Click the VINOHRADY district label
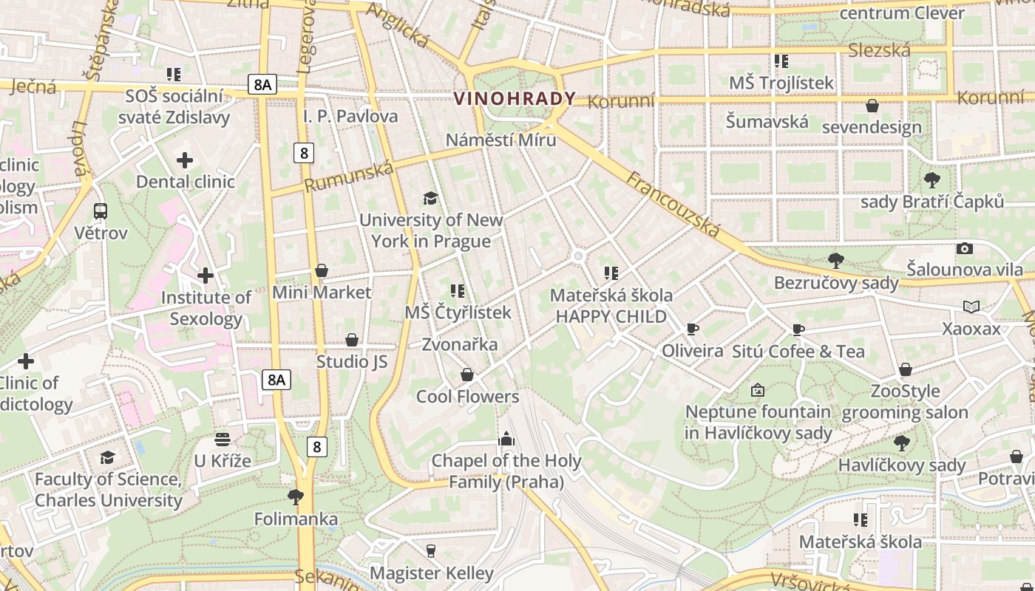point(515,98)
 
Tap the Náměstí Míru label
point(500,140)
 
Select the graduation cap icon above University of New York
point(430,198)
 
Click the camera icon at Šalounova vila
point(964,248)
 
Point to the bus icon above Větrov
point(101,211)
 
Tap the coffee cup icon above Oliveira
point(692,329)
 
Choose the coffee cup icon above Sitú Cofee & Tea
point(798,329)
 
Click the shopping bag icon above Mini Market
point(321,271)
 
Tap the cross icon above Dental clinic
point(185,160)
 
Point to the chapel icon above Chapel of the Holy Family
point(506,439)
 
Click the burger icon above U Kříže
point(223,440)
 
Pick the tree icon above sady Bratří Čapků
point(932,180)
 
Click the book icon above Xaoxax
point(971,307)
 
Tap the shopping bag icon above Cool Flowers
point(467,375)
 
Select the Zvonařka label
point(459,344)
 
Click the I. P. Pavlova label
point(350,116)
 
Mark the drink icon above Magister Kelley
point(431,550)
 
